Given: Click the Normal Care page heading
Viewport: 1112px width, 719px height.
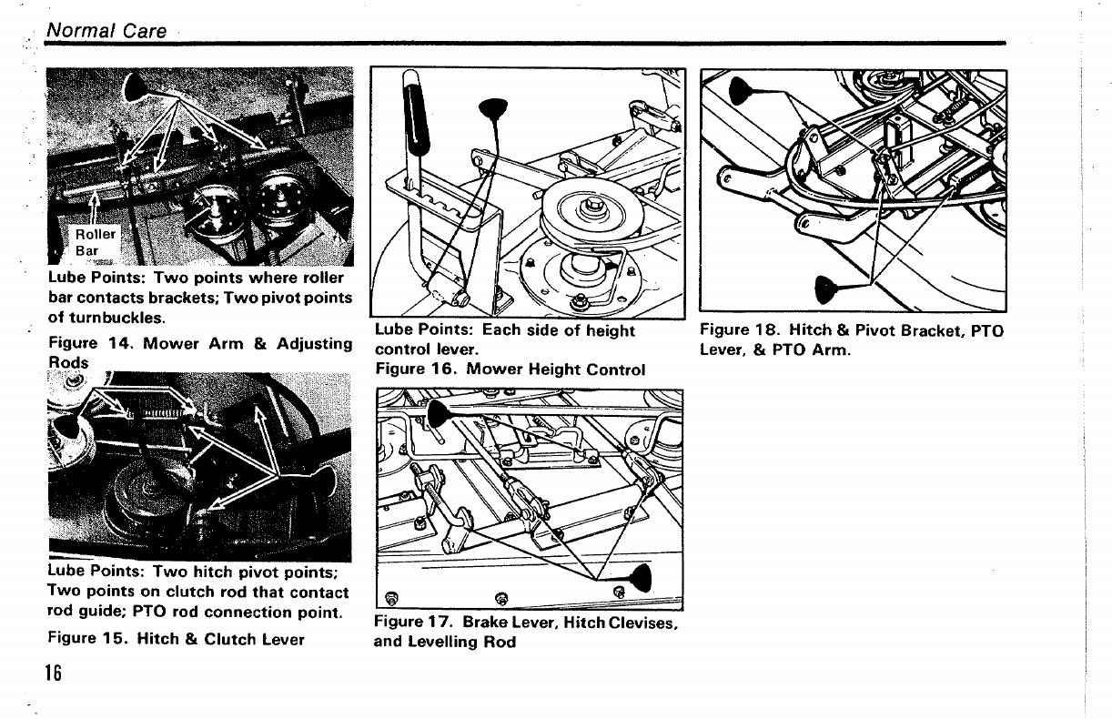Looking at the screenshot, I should (106, 30).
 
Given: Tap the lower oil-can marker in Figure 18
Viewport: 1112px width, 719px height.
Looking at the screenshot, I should (826, 288).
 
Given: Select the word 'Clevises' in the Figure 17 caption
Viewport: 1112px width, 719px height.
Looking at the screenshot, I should (647, 623).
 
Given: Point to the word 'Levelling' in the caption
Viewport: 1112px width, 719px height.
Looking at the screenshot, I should (446, 643).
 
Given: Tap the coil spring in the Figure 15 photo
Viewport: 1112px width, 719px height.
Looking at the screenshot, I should (164, 413).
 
